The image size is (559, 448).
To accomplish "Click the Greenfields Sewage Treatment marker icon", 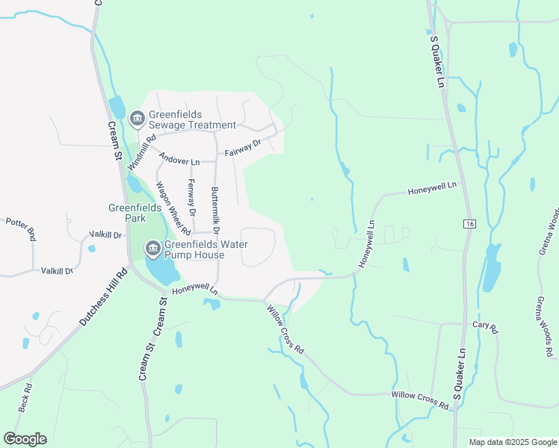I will (137, 119).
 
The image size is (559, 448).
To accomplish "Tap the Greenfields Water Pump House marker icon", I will (153, 248).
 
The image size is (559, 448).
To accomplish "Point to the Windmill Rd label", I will (140, 152).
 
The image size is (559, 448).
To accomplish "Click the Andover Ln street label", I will (179, 161).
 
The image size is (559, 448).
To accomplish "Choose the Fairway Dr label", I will (243, 148).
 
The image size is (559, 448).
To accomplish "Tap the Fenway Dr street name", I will (191, 198).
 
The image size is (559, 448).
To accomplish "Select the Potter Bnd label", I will (21, 228).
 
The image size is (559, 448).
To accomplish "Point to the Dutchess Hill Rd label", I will (103, 296).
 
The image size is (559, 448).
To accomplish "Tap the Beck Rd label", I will (25, 398).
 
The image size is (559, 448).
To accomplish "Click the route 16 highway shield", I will (469, 223).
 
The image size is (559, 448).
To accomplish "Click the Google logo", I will (25, 439).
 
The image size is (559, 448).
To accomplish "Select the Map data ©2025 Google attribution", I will (512, 442).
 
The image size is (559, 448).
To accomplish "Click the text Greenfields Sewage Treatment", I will (192, 119).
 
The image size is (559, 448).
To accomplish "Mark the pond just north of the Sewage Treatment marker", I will (117, 106).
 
